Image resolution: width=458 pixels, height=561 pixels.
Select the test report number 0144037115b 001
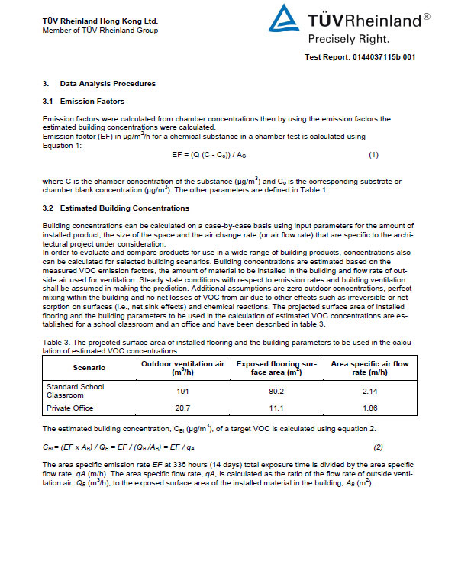pyautogui.click(x=360, y=57)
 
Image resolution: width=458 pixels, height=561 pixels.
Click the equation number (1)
pyautogui.click(x=373, y=155)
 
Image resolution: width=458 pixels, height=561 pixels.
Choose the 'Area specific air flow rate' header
pyautogui.click(x=369, y=368)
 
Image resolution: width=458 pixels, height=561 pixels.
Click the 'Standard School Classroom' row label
pyautogui.click(x=75, y=391)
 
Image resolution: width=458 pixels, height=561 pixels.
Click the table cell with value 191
pyautogui.click(x=182, y=391)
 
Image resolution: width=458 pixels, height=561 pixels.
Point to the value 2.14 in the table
pyautogui.click(x=369, y=391)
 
